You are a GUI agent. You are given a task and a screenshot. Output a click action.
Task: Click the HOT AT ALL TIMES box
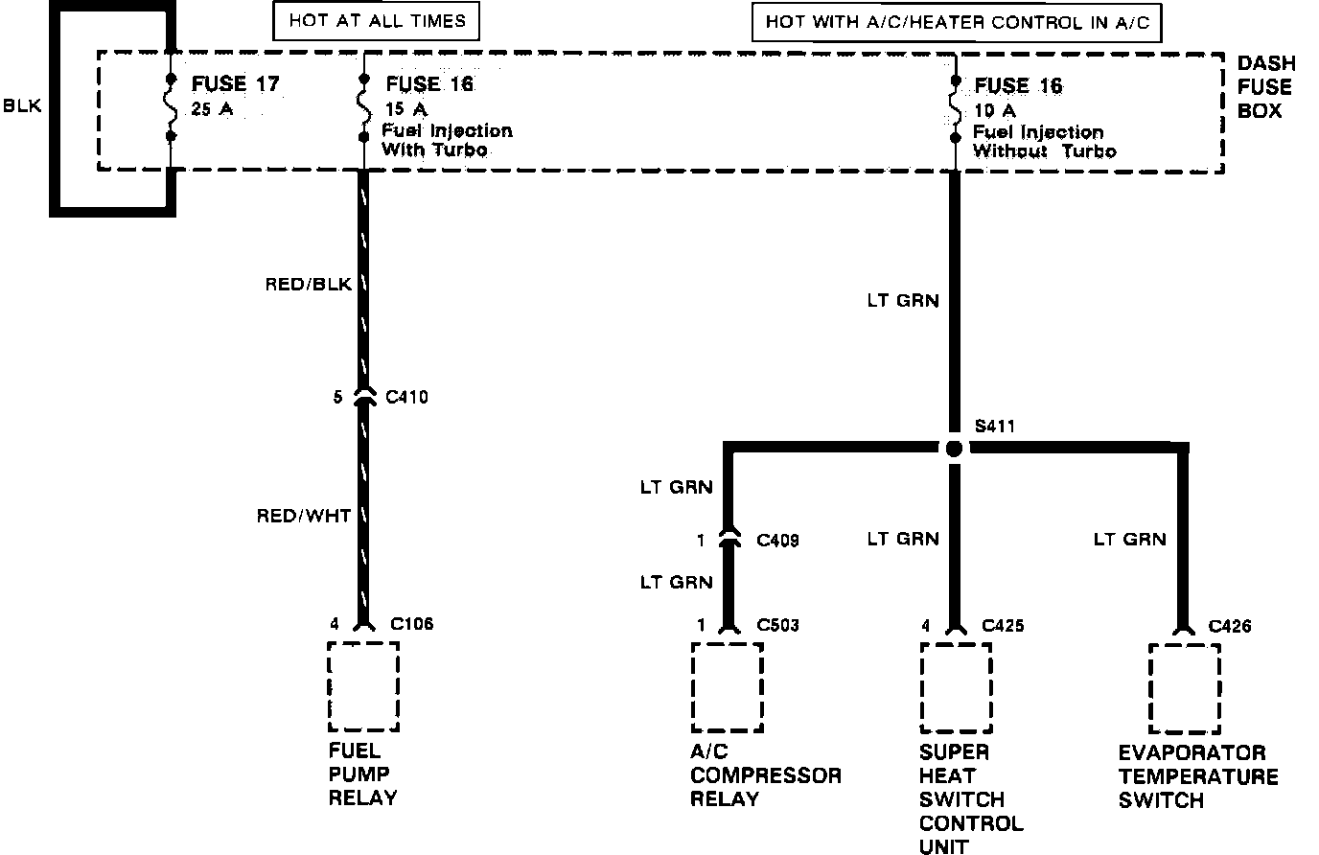coord(377,21)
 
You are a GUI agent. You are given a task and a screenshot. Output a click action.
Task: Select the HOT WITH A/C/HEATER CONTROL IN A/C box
coord(956,22)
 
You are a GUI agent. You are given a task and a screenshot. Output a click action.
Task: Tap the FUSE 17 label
coord(235,84)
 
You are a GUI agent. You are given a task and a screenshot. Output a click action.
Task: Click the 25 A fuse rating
coord(212,109)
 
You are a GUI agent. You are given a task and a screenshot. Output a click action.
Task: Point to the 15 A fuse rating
coord(405,109)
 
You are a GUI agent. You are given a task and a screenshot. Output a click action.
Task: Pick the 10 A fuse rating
coord(994,110)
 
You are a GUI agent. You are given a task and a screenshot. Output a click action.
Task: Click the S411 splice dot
coord(953,449)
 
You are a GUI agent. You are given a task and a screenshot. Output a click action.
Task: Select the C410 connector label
coord(406,397)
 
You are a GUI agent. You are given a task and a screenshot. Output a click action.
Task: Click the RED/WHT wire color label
coord(304,517)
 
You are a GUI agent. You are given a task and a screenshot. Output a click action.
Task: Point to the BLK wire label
coord(22,106)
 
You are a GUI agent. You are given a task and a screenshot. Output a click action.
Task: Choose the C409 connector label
coord(778,542)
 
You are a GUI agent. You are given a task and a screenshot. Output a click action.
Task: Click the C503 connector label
coord(777,626)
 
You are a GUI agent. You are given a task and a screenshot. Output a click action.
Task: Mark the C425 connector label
coord(1003,626)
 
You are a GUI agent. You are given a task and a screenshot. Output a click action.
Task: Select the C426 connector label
coord(1229,627)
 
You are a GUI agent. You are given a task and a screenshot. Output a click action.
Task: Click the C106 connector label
coord(411,624)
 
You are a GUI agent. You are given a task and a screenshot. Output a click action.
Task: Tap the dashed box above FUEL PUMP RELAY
coord(363,687)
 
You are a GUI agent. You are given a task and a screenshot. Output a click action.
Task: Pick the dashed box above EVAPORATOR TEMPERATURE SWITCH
coord(1185,688)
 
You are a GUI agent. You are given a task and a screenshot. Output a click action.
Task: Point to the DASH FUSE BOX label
coord(1265,86)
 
